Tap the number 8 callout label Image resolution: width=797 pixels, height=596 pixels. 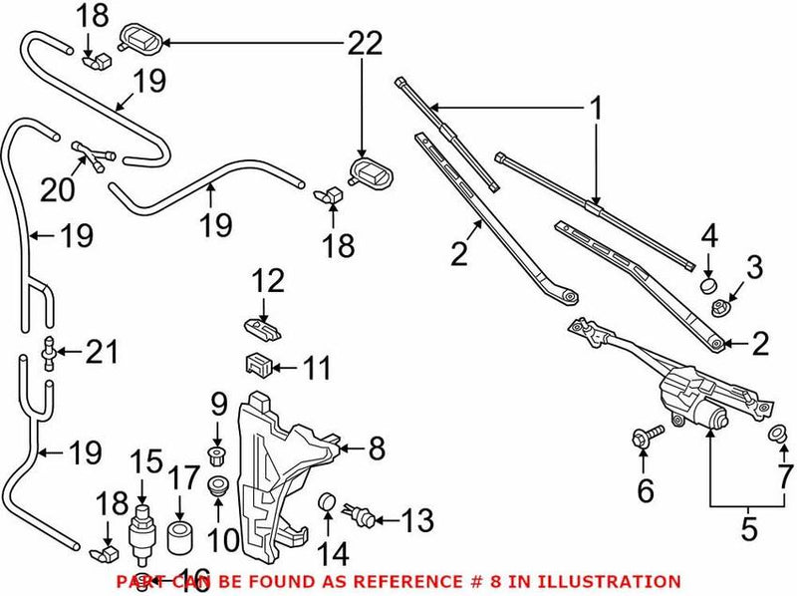[x=376, y=448]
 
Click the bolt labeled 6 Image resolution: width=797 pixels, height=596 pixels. [x=643, y=435]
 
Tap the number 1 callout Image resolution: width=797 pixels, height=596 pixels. [x=596, y=107]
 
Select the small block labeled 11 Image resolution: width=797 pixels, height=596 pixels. [x=259, y=365]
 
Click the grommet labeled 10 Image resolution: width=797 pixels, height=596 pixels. [x=218, y=488]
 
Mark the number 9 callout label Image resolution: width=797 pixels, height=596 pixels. [x=218, y=406]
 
